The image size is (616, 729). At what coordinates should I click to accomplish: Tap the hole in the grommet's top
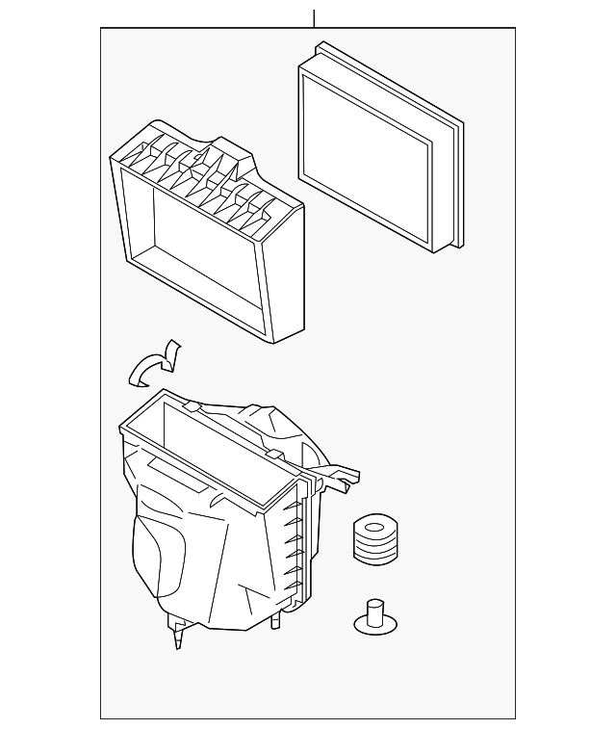(375, 528)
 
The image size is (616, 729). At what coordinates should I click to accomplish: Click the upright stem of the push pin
(373, 610)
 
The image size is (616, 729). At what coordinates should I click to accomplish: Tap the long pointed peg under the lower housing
(178, 636)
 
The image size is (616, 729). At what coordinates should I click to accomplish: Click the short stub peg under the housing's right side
(276, 621)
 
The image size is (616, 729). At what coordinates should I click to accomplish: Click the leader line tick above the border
(313, 18)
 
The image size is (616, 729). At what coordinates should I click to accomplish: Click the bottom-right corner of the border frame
(515, 717)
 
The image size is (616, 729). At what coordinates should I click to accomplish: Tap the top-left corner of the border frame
(101, 28)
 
